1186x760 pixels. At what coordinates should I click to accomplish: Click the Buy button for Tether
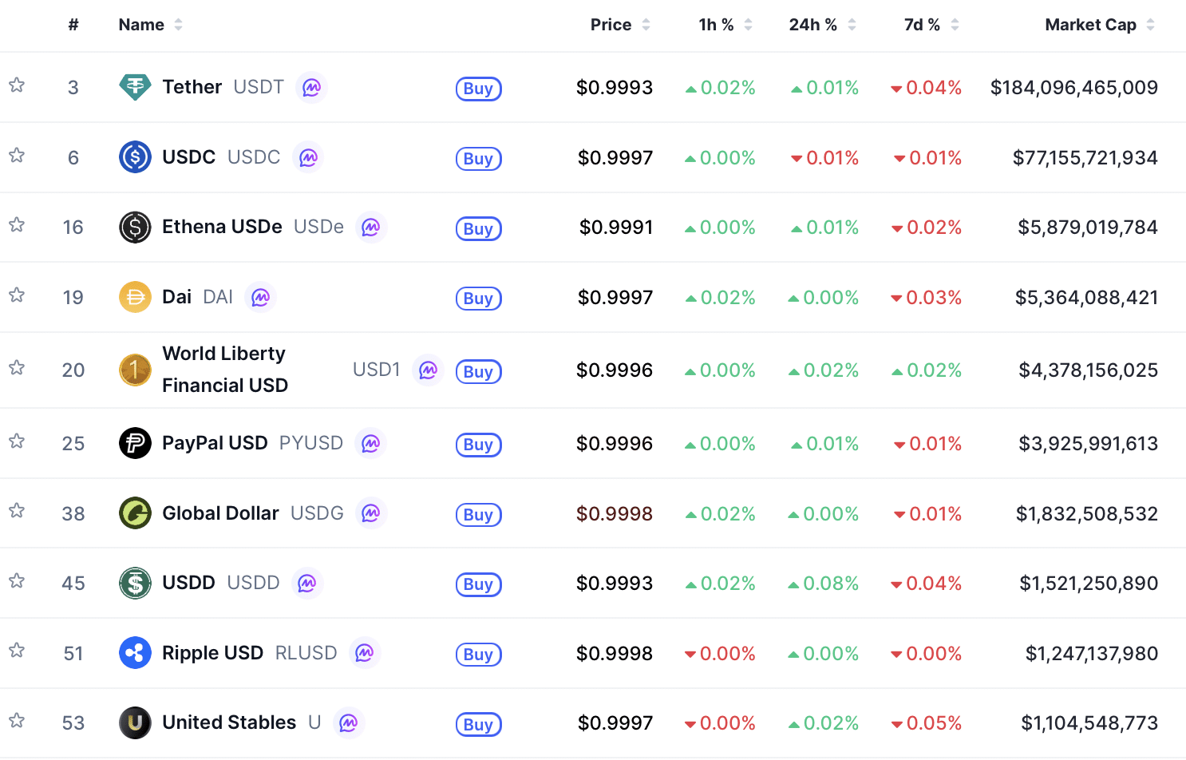tap(478, 89)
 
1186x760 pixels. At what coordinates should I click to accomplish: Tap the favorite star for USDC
tap(17, 155)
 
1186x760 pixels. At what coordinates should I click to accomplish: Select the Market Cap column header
tap(1090, 25)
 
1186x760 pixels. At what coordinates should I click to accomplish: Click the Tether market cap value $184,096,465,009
tap(1073, 88)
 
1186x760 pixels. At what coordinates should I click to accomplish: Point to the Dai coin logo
tap(135, 298)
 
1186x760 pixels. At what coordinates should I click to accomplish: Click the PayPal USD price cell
tap(615, 444)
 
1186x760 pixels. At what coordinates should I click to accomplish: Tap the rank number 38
tap(73, 514)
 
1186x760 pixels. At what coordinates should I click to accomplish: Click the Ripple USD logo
tap(135, 653)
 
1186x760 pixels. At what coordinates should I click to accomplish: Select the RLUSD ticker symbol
tap(306, 653)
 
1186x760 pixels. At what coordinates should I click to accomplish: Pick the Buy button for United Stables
tap(478, 725)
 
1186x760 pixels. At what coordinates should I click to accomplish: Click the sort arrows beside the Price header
tap(646, 25)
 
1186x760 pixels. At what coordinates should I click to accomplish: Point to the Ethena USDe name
tap(222, 228)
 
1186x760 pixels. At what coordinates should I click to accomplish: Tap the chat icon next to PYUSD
tap(370, 444)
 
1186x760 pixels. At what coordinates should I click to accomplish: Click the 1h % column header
tap(716, 25)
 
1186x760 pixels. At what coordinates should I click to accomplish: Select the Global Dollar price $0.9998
tap(615, 514)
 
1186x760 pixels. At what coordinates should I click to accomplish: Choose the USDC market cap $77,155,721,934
tap(1085, 158)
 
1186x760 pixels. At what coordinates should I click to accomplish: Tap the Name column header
tap(141, 25)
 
